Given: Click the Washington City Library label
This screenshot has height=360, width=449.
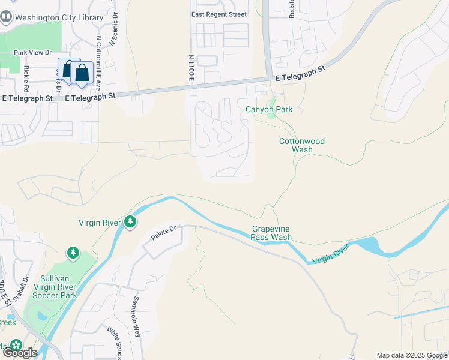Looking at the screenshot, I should coord(59,17).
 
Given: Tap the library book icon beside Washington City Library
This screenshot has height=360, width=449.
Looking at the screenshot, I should coord(6,17).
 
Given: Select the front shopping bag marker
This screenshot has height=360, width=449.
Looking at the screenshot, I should coord(82,73).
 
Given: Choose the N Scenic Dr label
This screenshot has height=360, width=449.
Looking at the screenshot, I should coord(112,30).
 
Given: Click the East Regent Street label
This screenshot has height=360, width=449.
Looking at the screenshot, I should coord(218,14).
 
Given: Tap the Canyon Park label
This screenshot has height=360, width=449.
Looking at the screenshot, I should coord(268,109).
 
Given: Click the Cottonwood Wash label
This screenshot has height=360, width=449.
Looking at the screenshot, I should coord(303,145).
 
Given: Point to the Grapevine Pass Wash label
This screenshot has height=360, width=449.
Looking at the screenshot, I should coord(271,233).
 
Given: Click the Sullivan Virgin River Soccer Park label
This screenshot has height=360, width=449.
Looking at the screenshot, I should coord(55,287).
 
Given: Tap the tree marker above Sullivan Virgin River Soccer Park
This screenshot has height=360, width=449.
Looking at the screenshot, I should coord(73,253).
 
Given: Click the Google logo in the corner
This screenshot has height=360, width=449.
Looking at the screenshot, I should coord(19,353).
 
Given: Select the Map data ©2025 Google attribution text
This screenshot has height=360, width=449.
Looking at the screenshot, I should coord(411,355).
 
